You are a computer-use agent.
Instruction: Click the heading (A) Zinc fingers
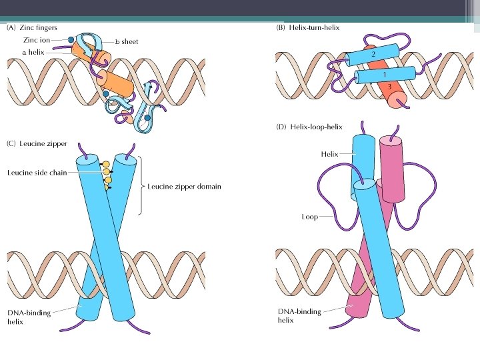click(x=31, y=28)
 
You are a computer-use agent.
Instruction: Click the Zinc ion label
click(x=36, y=40)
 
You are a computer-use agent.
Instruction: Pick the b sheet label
click(x=126, y=41)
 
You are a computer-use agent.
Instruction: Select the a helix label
click(x=33, y=52)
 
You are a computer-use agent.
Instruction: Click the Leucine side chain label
click(x=37, y=173)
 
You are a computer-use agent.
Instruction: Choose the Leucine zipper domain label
click(x=184, y=187)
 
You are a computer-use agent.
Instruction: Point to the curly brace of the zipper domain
click(x=141, y=186)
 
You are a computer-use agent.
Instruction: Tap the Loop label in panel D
click(x=309, y=217)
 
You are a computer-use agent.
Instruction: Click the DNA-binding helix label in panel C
click(x=26, y=317)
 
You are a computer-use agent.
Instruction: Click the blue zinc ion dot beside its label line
click(x=71, y=40)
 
